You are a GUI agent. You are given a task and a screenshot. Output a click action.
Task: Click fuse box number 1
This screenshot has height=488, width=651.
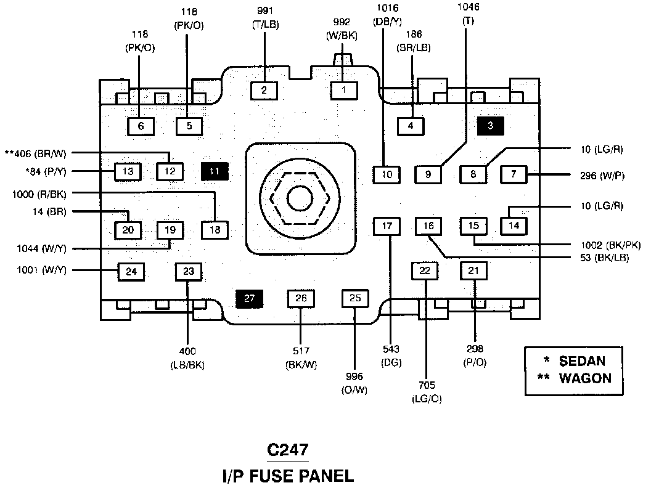[x=344, y=91]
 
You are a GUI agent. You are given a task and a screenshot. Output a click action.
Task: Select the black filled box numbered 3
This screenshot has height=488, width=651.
[x=491, y=126]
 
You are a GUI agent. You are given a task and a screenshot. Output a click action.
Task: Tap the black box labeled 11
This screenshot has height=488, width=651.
[x=214, y=171]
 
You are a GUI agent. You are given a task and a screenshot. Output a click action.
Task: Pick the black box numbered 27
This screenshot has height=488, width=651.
[x=249, y=298]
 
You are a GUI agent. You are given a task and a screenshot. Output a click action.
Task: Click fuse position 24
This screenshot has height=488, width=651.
[x=131, y=271]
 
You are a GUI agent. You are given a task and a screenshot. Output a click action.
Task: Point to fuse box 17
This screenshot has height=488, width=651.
[x=387, y=226]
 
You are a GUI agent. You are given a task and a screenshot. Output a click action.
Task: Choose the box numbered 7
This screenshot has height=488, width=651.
[x=513, y=174]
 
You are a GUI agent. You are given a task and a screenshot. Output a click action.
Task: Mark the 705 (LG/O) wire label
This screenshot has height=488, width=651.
[x=428, y=392]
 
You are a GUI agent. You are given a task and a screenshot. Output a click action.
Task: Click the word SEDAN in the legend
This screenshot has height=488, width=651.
[x=582, y=361]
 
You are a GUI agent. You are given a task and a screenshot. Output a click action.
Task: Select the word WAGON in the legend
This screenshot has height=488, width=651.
[x=585, y=378]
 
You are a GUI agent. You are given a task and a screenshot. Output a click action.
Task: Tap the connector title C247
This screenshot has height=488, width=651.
[x=287, y=450]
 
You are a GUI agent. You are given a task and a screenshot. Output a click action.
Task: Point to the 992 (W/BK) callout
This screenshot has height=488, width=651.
[x=342, y=30]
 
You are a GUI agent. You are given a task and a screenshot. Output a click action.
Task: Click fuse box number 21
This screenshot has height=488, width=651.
[x=474, y=270]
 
